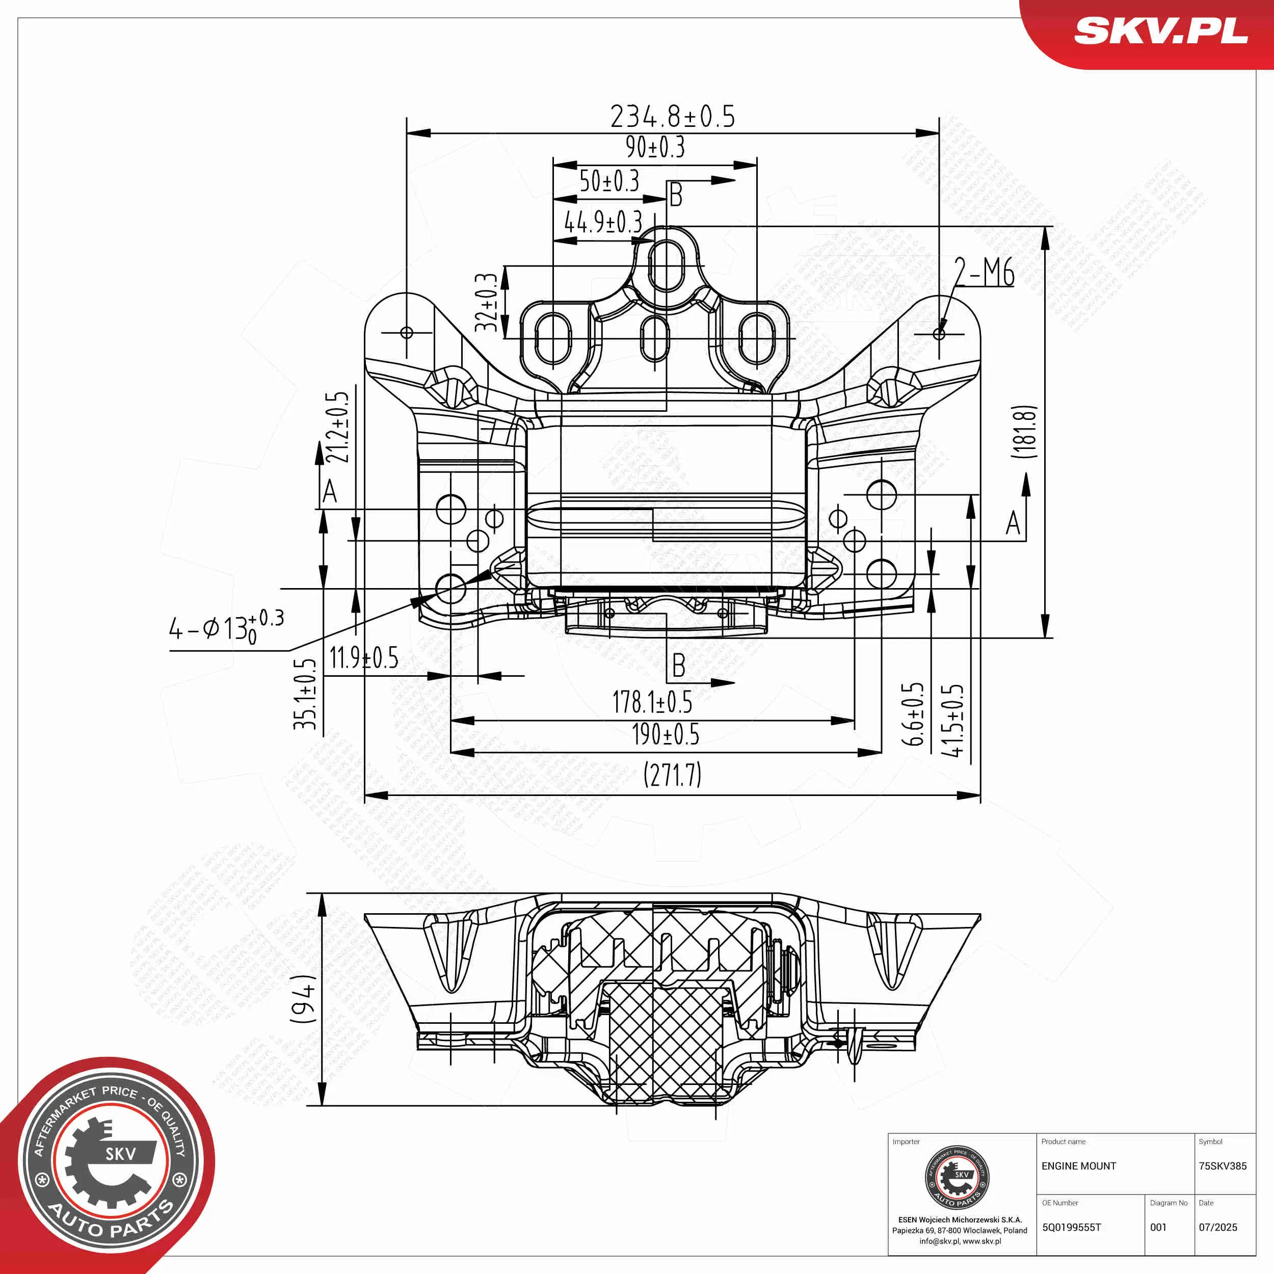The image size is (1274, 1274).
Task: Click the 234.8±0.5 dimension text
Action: point(672,117)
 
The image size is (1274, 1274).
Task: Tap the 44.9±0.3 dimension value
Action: point(603,222)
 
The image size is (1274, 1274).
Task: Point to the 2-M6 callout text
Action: point(985,272)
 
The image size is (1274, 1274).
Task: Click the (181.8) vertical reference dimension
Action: point(1025,432)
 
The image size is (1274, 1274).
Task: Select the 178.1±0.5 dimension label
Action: point(652,702)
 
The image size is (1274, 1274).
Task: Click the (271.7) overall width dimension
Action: point(672,774)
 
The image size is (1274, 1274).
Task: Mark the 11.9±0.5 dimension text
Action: point(363,658)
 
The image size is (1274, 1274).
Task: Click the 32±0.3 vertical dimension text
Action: point(486,302)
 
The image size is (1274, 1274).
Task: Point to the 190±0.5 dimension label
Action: point(666,734)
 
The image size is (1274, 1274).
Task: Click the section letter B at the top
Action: point(676,195)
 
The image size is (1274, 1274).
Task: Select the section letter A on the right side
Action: point(1013,523)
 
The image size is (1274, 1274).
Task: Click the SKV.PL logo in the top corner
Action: point(1160,31)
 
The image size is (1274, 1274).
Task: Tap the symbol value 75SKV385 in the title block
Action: point(1222,1166)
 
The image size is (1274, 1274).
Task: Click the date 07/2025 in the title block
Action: point(1217,1227)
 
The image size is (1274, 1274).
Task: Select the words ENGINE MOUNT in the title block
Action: point(1078,1166)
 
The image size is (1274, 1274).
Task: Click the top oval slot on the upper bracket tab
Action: point(666,265)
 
